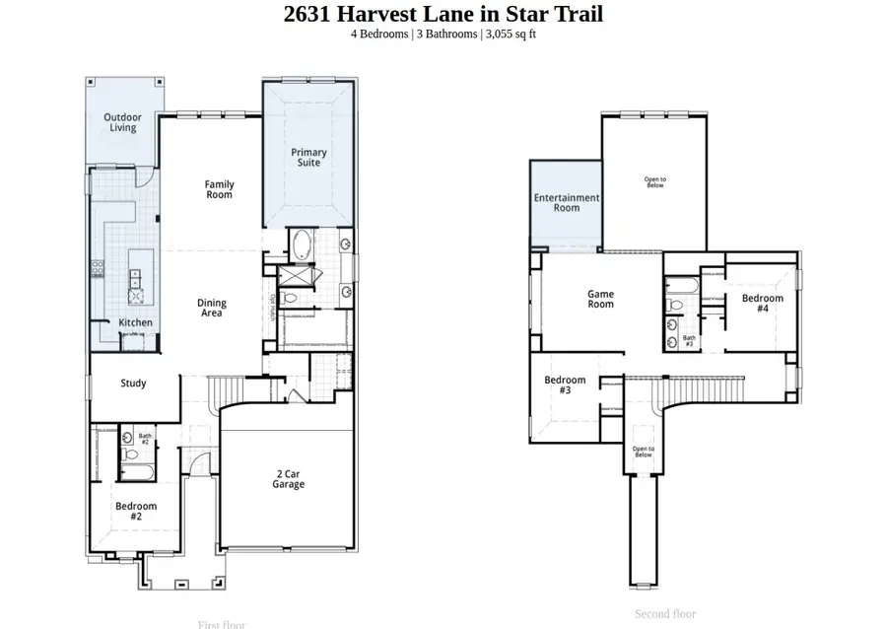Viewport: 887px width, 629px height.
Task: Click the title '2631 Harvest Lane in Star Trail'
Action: click(443, 14)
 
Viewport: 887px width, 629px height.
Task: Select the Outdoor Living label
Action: click(122, 122)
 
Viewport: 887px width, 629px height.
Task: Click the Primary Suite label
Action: click(308, 158)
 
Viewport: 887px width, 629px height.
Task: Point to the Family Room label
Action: click(219, 189)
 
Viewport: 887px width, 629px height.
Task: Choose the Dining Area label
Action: click(212, 308)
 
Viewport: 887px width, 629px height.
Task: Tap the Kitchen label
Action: click(136, 322)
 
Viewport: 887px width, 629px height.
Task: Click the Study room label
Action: click(133, 384)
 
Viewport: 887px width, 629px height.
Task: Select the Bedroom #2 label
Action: click(135, 512)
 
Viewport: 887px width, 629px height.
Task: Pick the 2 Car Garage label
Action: click(288, 479)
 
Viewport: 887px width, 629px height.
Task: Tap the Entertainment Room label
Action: click(566, 203)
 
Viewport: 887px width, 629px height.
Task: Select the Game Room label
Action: click(600, 299)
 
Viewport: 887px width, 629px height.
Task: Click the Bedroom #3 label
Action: click(565, 385)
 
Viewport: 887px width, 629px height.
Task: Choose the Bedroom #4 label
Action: click(762, 304)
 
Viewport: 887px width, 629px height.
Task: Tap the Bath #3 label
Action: click(689, 341)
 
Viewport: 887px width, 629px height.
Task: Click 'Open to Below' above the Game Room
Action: click(654, 183)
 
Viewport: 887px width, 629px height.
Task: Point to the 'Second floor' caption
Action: click(665, 614)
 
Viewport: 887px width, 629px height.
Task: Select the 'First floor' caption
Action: click(222, 624)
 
